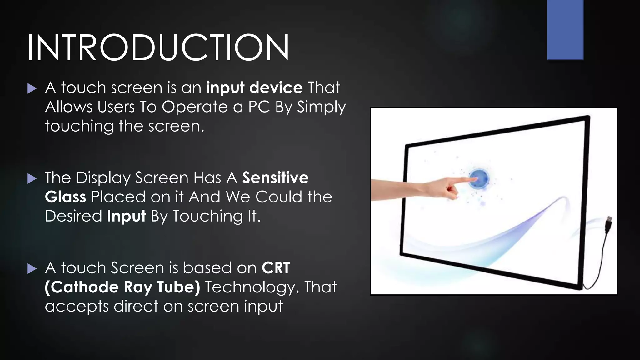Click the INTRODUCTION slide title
[x=158, y=48]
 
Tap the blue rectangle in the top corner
[x=565, y=30]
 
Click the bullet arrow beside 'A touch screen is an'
[x=32, y=88]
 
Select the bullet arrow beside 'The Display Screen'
[x=32, y=179]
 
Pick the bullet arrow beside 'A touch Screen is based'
[x=32, y=269]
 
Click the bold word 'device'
[x=276, y=87]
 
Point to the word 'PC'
[x=259, y=107]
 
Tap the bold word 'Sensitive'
[x=275, y=178]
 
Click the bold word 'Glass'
[x=65, y=197]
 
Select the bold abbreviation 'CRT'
[x=276, y=268]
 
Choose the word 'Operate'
[x=195, y=107]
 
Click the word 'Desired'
[x=73, y=216]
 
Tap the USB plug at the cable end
[x=608, y=224]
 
